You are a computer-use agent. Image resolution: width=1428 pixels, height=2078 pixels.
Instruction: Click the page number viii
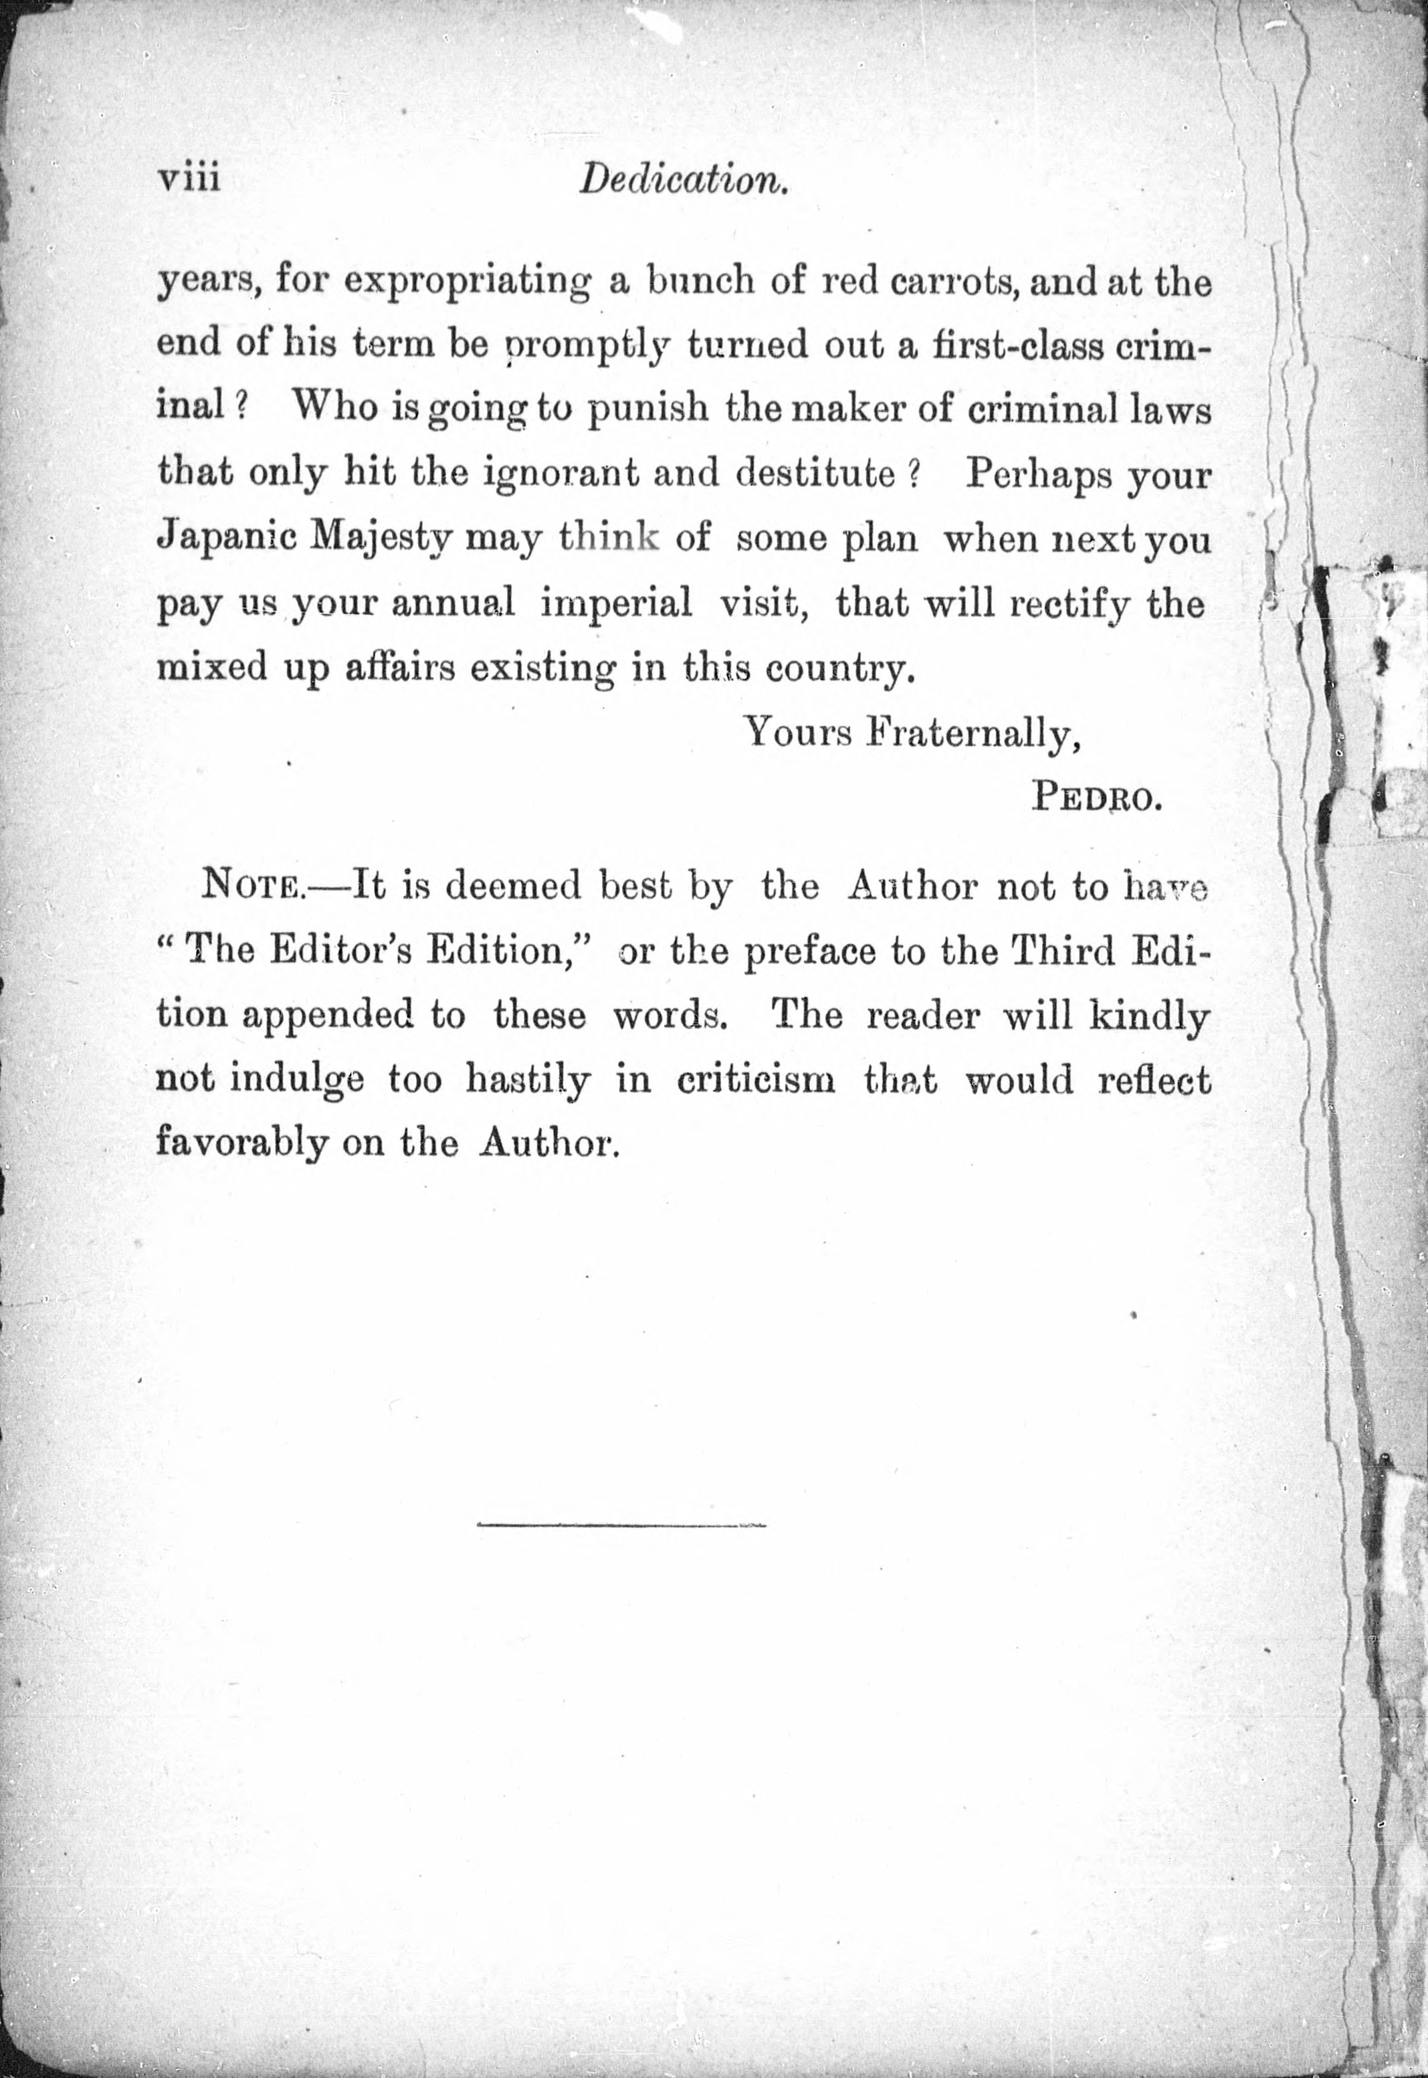click(189, 179)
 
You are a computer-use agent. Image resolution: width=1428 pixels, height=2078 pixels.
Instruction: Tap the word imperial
click(617, 603)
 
